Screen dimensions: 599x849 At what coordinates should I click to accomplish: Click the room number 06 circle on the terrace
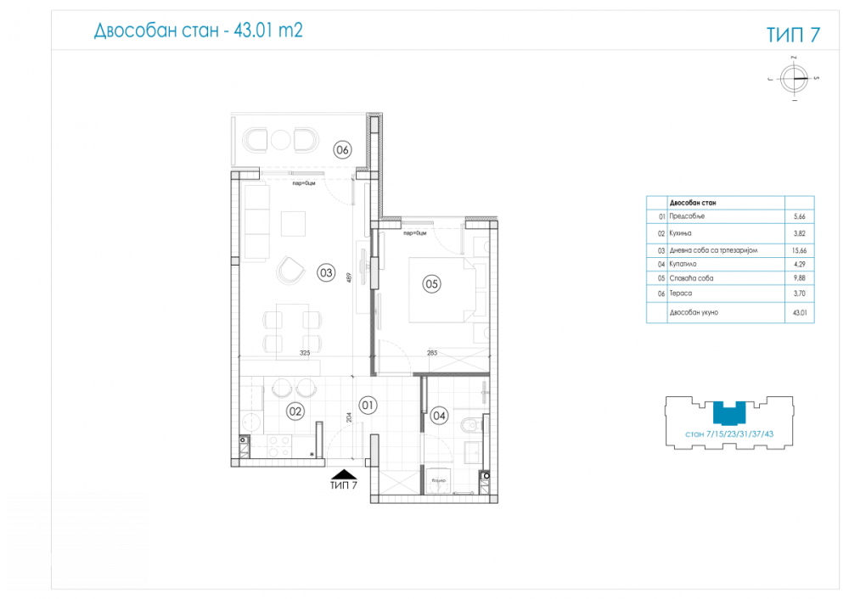point(342,151)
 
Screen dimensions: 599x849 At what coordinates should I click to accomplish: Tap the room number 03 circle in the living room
point(325,272)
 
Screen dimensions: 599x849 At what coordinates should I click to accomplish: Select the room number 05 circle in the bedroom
point(431,284)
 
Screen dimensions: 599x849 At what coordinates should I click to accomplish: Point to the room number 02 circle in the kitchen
point(295,411)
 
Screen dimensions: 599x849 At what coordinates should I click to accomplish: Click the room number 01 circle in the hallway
point(367,405)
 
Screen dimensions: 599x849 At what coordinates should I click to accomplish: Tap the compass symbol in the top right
point(796,78)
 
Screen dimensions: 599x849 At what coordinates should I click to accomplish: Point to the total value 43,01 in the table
point(799,312)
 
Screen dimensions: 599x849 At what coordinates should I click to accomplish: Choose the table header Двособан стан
point(693,204)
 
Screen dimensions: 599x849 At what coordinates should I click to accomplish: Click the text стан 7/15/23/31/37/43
point(729,434)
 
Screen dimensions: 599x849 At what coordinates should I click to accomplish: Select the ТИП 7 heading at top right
point(793,35)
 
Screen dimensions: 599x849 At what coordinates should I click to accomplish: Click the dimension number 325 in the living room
point(305,352)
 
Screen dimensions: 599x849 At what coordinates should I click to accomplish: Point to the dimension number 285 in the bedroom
point(431,352)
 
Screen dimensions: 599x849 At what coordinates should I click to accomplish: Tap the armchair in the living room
point(290,270)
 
